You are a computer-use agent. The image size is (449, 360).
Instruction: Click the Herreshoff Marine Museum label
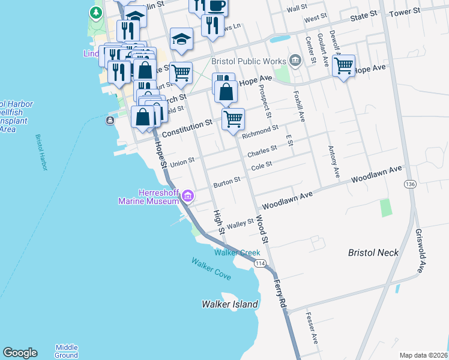150,196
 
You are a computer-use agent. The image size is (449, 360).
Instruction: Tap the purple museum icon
188,195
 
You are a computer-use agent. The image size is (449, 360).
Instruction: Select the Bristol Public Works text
247,61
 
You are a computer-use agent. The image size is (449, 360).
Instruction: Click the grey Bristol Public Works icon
294,60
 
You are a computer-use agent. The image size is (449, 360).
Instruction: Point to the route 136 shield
410,184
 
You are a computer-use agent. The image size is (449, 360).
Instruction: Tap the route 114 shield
260,263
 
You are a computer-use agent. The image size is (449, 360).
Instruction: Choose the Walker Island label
230,304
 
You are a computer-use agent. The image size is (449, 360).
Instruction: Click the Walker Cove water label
211,267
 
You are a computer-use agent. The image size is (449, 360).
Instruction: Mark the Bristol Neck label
373,253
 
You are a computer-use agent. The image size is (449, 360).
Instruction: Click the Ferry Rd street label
280,293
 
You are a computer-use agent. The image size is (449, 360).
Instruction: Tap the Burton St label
228,180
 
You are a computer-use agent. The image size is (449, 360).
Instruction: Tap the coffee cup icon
216,6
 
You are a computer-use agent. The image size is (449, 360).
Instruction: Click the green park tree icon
95,13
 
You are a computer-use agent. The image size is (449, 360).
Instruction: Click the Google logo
20,353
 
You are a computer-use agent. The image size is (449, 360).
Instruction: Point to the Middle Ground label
67,351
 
